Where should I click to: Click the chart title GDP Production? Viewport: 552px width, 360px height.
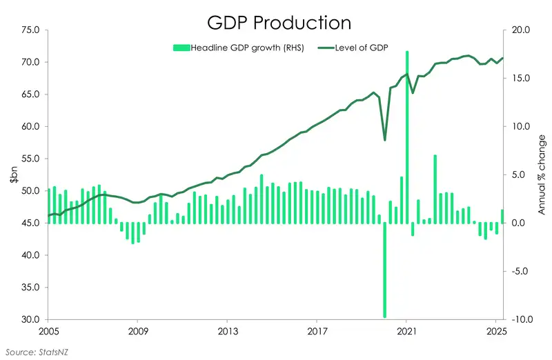coord(279,22)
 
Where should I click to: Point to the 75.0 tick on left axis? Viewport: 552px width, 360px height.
coord(31,30)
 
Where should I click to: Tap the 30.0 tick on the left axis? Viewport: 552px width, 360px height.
coord(31,319)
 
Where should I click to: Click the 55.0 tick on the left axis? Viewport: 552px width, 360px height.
coord(31,159)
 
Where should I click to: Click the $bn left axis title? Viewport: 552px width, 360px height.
coord(13,175)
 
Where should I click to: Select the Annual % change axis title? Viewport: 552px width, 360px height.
coord(542,175)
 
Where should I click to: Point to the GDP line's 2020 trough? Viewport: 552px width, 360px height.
coord(384,140)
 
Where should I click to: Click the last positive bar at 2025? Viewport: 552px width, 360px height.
coord(502,217)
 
